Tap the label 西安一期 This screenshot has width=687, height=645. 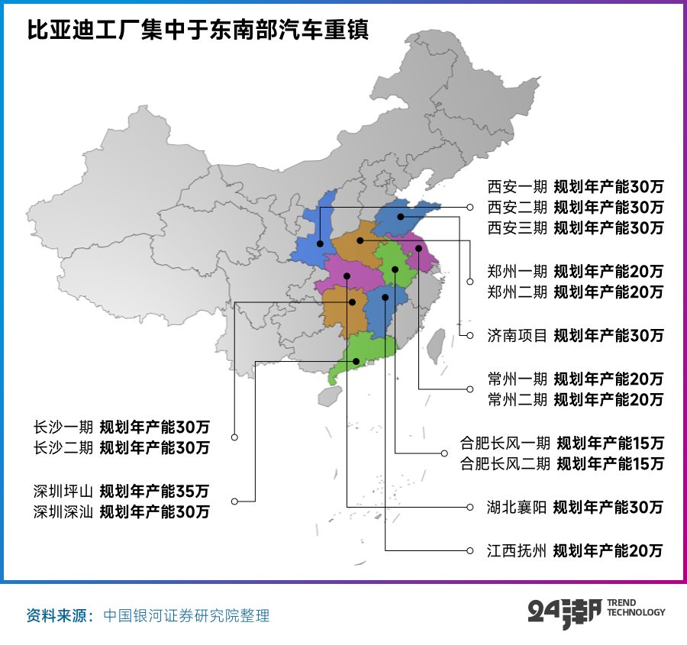click(517, 186)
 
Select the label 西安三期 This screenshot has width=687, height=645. click(517, 227)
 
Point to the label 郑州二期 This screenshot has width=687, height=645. click(517, 292)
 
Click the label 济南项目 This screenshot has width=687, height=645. click(517, 335)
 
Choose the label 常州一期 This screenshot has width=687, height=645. click(517, 379)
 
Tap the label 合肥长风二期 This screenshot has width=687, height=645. click(505, 463)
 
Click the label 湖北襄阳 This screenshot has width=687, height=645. click(517, 507)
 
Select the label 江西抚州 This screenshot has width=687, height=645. click(517, 550)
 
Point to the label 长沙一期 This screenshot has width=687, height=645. click(63, 427)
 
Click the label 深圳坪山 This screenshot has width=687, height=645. click(63, 491)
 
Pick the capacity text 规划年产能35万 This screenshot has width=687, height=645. click(155, 491)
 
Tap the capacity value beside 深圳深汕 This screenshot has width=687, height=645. click(155, 511)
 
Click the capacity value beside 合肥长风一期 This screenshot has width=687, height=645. click(610, 443)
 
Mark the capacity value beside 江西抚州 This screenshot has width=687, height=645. click(608, 550)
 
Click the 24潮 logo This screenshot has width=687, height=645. click(564, 612)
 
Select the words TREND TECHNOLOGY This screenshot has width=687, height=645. click(636, 608)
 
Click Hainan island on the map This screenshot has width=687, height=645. click(329, 395)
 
